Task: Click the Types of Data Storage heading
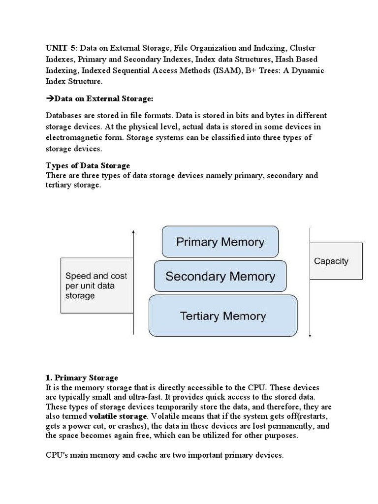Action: [x=88, y=165]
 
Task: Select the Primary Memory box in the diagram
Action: [x=220, y=242]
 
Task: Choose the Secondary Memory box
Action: [x=220, y=276]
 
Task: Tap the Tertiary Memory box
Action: [x=223, y=316]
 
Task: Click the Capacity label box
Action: [x=336, y=261]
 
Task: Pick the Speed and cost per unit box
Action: [x=96, y=285]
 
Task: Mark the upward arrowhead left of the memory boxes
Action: [x=133, y=231]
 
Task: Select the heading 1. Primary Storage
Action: [x=82, y=378]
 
